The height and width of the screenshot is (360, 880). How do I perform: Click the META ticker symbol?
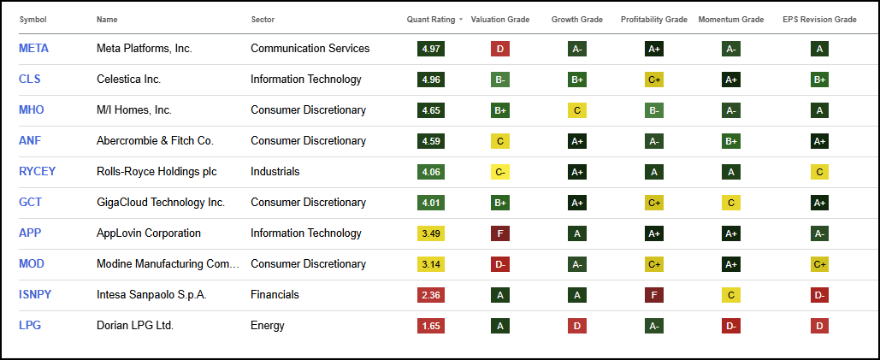point(33,49)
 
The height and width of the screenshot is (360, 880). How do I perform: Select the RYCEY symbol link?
point(37,172)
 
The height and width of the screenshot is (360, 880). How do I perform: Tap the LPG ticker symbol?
point(30,326)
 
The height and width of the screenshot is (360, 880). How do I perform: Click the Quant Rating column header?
point(431,19)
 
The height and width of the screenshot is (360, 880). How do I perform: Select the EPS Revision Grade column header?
point(818,19)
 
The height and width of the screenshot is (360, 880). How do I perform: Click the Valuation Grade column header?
point(500,19)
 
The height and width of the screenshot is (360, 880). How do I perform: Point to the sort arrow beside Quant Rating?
point(461,19)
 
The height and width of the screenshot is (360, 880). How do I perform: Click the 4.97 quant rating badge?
point(431,49)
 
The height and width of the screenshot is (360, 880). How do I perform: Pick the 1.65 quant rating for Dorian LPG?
point(431,326)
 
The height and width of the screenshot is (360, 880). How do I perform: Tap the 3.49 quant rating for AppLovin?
point(431,233)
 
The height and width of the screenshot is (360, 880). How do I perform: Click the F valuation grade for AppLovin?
point(500,233)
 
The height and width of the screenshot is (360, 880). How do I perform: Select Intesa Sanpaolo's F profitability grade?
point(654,295)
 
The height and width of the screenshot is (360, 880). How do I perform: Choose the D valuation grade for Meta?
point(500,49)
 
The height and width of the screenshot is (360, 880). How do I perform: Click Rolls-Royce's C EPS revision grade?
point(819,172)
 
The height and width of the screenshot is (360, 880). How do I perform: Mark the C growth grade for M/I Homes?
point(576,110)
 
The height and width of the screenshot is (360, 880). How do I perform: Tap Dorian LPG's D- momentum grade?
point(730,326)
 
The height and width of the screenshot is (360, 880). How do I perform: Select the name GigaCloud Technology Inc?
point(161,203)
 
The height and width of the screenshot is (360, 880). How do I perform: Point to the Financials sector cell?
point(275,295)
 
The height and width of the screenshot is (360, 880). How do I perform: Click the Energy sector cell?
point(268,326)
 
